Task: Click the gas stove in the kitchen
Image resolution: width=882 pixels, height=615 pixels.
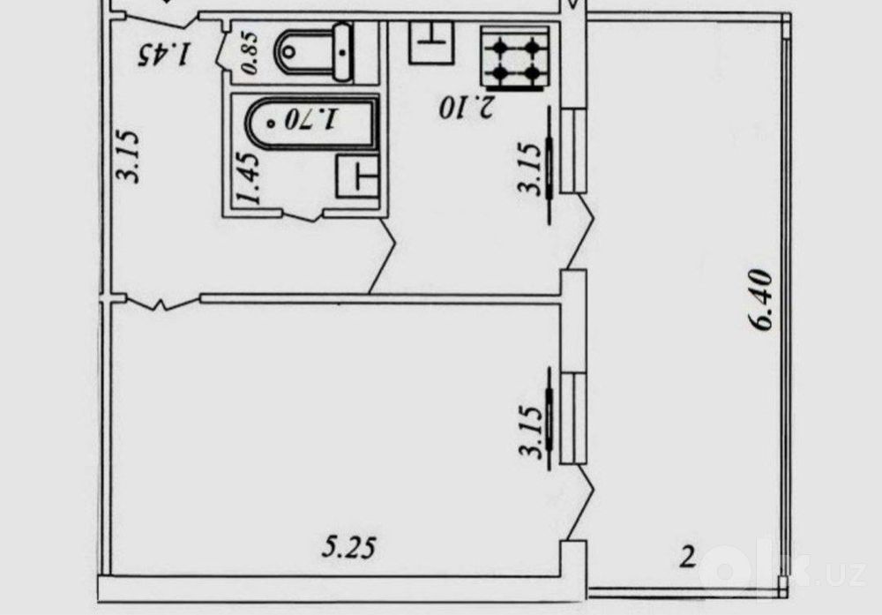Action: [515, 58]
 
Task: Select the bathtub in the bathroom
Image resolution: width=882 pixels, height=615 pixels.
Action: [312, 124]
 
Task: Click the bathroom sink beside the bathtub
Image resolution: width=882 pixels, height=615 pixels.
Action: [357, 176]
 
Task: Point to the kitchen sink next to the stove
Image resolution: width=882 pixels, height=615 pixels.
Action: [431, 41]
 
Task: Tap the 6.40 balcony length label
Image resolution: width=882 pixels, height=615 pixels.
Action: [761, 301]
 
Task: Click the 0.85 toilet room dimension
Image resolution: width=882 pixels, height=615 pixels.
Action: [250, 53]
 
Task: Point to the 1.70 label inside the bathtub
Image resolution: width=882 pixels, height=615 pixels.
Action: [311, 119]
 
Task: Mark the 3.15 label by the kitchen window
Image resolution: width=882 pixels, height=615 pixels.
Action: [530, 169]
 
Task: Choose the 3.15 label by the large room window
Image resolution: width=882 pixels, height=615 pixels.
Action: [531, 431]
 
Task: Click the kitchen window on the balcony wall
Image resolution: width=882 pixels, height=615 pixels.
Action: [574, 151]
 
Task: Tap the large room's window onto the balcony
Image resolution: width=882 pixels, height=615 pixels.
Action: [574, 417]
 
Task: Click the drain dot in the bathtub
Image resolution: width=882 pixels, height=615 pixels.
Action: [273, 122]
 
